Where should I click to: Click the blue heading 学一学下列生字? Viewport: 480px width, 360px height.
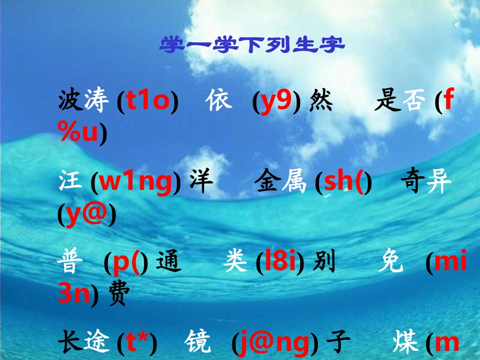[x=252, y=45]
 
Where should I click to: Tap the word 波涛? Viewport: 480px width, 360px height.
[x=84, y=102]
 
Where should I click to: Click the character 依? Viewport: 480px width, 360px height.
[x=219, y=101]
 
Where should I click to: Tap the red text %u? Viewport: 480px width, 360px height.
[x=79, y=134]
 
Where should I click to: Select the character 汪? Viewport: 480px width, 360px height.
[x=70, y=182]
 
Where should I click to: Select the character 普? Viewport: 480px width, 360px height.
[x=70, y=263]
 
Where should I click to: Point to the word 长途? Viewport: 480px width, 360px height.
[x=84, y=344]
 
